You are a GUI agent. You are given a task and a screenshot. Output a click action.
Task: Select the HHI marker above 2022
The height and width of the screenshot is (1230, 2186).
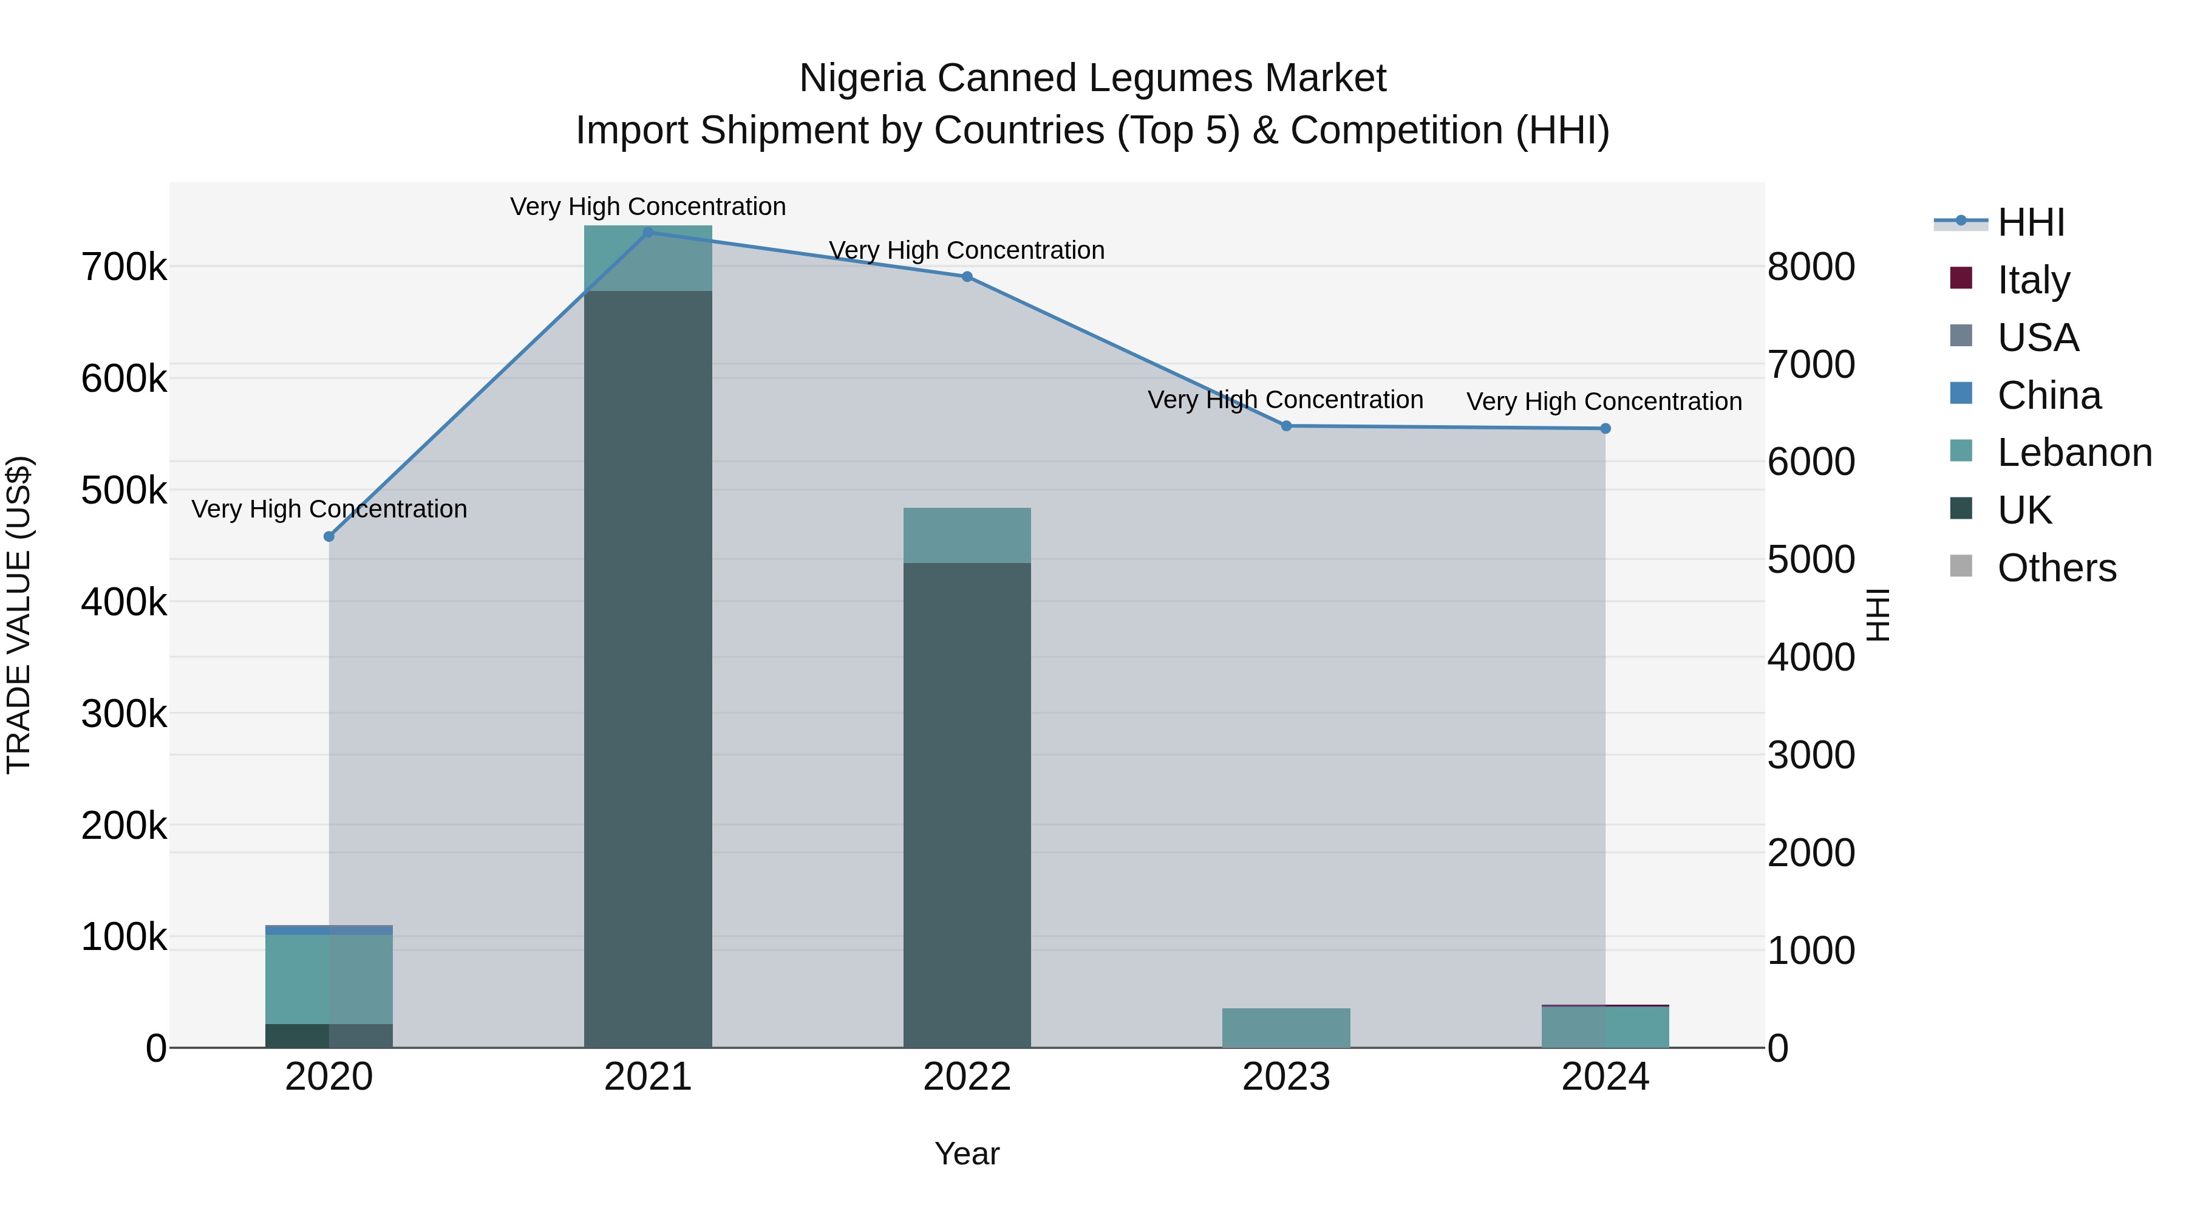tap(967, 277)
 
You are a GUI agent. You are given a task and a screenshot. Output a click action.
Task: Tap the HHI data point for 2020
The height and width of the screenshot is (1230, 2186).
tap(329, 536)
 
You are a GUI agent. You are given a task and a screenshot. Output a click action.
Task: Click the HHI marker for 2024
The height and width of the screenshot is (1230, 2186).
tap(1605, 429)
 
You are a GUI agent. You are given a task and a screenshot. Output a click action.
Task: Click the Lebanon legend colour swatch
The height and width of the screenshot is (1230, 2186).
tap(1961, 451)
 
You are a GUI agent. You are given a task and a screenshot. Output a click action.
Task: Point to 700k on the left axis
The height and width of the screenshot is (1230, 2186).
tap(124, 267)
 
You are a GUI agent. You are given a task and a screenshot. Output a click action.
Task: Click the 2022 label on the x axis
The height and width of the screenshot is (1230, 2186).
tap(967, 1077)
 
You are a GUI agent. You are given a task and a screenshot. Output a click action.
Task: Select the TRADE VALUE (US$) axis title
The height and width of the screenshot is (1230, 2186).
tap(19, 615)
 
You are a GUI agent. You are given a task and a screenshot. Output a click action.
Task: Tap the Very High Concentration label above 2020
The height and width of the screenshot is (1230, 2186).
tap(329, 510)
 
